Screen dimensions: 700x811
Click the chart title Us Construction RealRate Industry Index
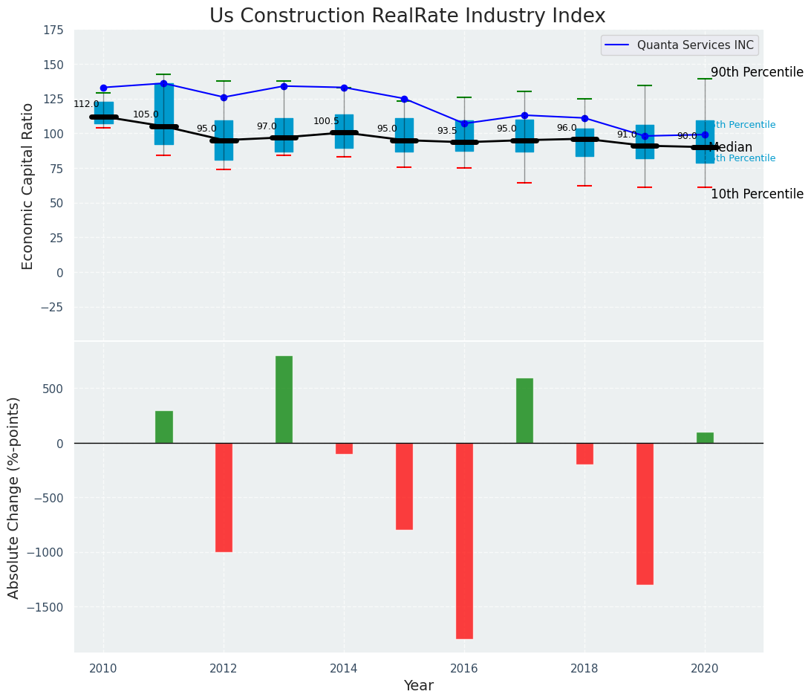(407, 16)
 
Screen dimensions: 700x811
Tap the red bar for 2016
(464, 540)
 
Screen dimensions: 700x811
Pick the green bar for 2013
(284, 399)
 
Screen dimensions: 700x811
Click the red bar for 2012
(224, 497)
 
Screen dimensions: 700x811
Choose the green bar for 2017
(524, 410)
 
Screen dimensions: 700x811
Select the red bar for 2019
(645, 513)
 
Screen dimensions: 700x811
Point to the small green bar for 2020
(705, 438)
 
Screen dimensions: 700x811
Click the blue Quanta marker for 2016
(464, 123)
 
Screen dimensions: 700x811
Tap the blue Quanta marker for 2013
(284, 86)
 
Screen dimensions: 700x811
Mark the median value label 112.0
(86, 104)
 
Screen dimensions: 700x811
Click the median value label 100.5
(326, 121)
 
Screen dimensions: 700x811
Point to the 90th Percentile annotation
(757, 72)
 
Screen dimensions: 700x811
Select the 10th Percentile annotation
(757, 194)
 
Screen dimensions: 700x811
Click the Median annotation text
(731, 147)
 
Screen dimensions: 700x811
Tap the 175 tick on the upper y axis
(52, 30)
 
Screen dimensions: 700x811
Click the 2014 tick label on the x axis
(344, 667)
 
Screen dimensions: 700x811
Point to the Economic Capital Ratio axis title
(28, 186)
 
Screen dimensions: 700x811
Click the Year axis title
(418, 686)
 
